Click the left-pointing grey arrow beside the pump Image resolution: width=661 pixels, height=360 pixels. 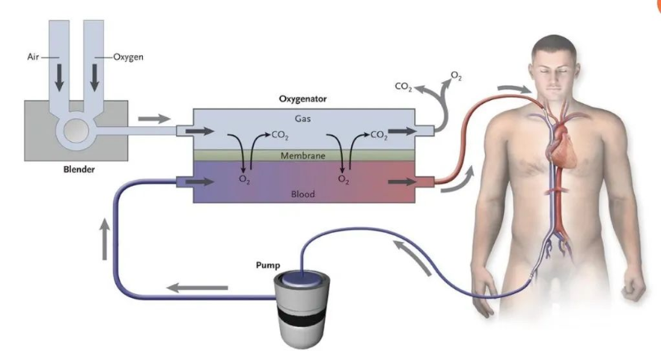click(197, 287)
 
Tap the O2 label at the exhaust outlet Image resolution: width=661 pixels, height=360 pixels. click(455, 77)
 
